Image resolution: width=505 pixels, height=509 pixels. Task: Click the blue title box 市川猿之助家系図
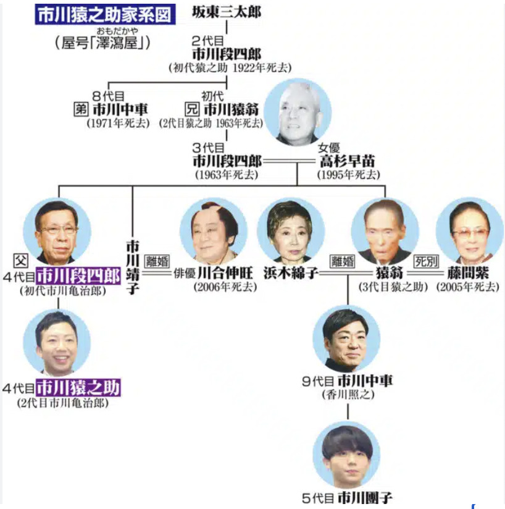pyautogui.click(x=105, y=14)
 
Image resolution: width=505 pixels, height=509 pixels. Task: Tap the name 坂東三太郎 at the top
pyautogui.click(x=227, y=12)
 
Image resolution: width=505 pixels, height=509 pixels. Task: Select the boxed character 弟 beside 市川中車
pyautogui.click(x=81, y=109)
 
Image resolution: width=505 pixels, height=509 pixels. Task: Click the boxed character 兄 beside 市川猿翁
pyautogui.click(x=191, y=109)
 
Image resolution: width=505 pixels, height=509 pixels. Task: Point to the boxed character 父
pyautogui.click(x=21, y=260)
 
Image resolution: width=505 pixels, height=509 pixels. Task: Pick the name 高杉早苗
pyautogui.click(x=348, y=161)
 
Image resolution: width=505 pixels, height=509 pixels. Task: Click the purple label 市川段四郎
pyautogui.click(x=78, y=276)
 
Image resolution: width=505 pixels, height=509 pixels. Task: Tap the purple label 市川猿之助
pyautogui.click(x=78, y=387)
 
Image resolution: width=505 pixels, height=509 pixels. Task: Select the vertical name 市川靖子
pyautogui.click(x=132, y=267)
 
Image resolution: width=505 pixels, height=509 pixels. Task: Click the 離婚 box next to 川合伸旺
pyautogui.click(x=157, y=261)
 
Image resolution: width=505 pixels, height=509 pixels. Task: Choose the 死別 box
pyautogui.click(x=427, y=261)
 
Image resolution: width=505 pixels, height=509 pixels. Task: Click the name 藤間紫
pyautogui.click(x=468, y=273)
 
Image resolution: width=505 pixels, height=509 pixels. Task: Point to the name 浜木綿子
pyautogui.click(x=291, y=273)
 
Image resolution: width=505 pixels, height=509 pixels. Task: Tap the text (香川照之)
pyautogui.click(x=348, y=395)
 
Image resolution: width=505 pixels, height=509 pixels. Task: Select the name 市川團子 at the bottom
pyautogui.click(x=365, y=498)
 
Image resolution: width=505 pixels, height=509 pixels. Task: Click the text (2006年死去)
pyautogui.click(x=225, y=287)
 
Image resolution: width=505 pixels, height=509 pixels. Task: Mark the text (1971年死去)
pyautogui.click(x=118, y=124)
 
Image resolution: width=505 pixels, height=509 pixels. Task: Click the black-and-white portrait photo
pyautogui.click(x=298, y=112)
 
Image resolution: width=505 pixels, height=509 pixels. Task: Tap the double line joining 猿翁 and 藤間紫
pyautogui.click(x=425, y=273)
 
